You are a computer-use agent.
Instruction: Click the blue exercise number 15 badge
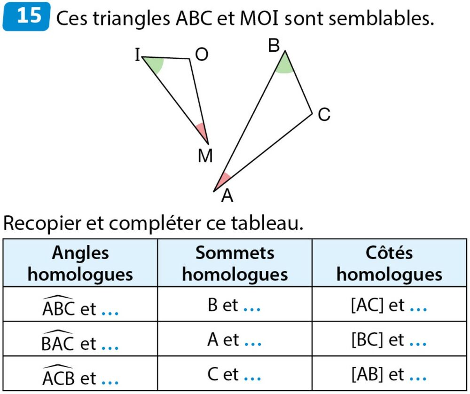26,17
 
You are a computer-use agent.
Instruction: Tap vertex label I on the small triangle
137,56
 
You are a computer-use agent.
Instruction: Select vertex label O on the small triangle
202,55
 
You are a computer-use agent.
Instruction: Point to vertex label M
205,156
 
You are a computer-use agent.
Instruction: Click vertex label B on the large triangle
274,46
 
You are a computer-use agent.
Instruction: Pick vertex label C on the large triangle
324,114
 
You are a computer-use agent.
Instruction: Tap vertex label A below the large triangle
227,196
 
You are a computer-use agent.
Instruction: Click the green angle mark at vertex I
157,64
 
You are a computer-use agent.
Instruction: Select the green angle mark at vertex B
284,66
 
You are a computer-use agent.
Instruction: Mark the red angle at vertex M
203,131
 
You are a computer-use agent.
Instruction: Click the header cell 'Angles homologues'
80,263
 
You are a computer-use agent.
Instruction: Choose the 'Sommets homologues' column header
235,263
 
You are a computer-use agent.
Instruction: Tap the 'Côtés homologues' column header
389,263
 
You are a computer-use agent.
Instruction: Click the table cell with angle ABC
80,305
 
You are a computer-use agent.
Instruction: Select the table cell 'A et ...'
235,339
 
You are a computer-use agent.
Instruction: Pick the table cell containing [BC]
389,339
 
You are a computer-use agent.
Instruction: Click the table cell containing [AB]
389,374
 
